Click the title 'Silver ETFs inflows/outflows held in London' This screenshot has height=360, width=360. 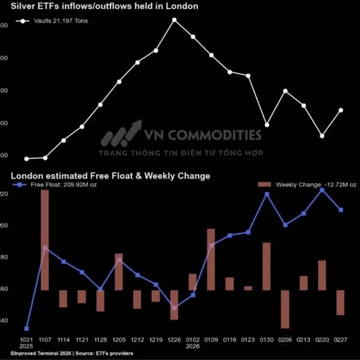(x=105, y=7)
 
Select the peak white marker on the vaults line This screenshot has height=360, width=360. (x=174, y=20)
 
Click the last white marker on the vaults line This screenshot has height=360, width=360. (x=341, y=110)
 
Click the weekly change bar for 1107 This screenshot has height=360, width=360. (x=45, y=240)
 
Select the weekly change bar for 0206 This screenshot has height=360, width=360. (x=285, y=309)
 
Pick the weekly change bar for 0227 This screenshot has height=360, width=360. (x=341, y=302)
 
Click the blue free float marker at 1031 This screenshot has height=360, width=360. (x=26, y=329)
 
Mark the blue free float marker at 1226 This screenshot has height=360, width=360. (x=174, y=308)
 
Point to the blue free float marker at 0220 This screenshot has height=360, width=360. (x=322, y=190)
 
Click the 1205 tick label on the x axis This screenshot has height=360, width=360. (x=119, y=339)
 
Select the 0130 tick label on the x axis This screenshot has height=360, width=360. (x=266, y=339)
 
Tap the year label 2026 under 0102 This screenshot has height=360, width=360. (x=193, y=346)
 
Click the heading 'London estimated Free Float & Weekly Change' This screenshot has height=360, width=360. (x=111, y=176)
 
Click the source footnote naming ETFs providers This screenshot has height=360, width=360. (x=72, y=354)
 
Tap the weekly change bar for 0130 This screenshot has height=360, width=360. (x=266, y=266)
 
